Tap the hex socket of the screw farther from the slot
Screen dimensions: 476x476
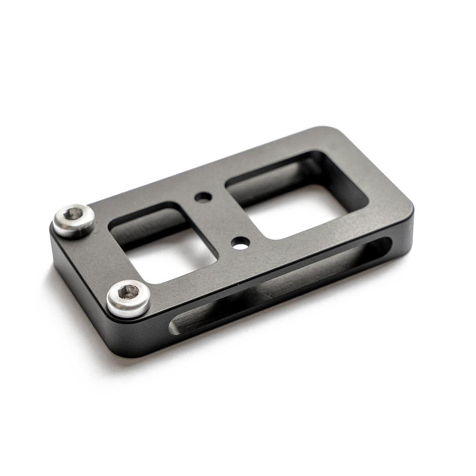click(x=73, y=213)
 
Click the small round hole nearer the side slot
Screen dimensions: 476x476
click(x=240, y=242)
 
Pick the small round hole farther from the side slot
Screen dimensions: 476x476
click(x=203, y=197)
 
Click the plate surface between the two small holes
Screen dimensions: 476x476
click(x=221, y=219)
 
